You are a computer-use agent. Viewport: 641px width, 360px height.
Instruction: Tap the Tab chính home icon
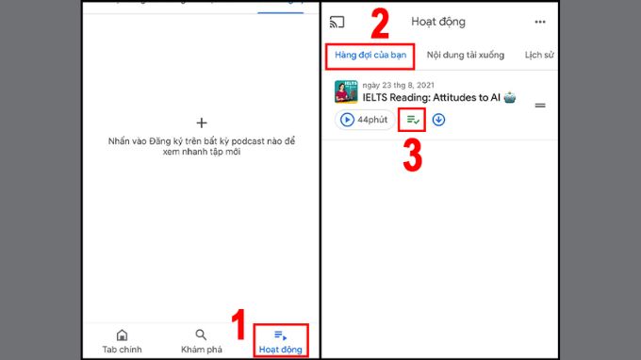click(122, 335)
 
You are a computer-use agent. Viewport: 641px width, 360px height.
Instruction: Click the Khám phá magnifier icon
click(201, 335)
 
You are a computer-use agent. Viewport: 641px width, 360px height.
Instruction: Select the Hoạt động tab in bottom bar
click(281, 341)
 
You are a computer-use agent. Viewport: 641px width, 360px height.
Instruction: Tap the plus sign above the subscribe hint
click(202, 123)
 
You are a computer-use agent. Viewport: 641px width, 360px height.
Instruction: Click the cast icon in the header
click(337, 22)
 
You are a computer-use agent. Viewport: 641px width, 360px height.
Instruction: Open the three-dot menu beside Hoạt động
click(540, 22)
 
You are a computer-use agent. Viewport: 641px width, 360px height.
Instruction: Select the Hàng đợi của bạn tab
click(370, 56)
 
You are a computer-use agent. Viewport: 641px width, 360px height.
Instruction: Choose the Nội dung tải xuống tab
click(466, 56)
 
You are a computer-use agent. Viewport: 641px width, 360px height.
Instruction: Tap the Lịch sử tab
click(539, 56)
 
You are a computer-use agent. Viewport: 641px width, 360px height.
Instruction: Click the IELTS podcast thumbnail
click(346, 92)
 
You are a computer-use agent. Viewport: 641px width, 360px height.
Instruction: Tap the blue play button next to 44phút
click(347, 120)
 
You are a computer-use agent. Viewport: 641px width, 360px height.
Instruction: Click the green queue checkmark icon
click(413, 120)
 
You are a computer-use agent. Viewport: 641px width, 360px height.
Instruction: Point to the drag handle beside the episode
click(540, 106)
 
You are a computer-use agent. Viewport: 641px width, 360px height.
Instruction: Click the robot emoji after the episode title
click(510, 98)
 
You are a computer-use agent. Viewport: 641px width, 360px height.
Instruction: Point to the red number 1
click(238, 324)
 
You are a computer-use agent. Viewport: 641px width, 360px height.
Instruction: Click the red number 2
click(380, 24)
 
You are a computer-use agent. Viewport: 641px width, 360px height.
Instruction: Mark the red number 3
click(413, 155)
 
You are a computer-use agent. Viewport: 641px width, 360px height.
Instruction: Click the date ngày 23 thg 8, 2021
click(398, 85)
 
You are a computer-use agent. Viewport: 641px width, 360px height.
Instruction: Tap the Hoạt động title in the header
click(438, 22)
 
